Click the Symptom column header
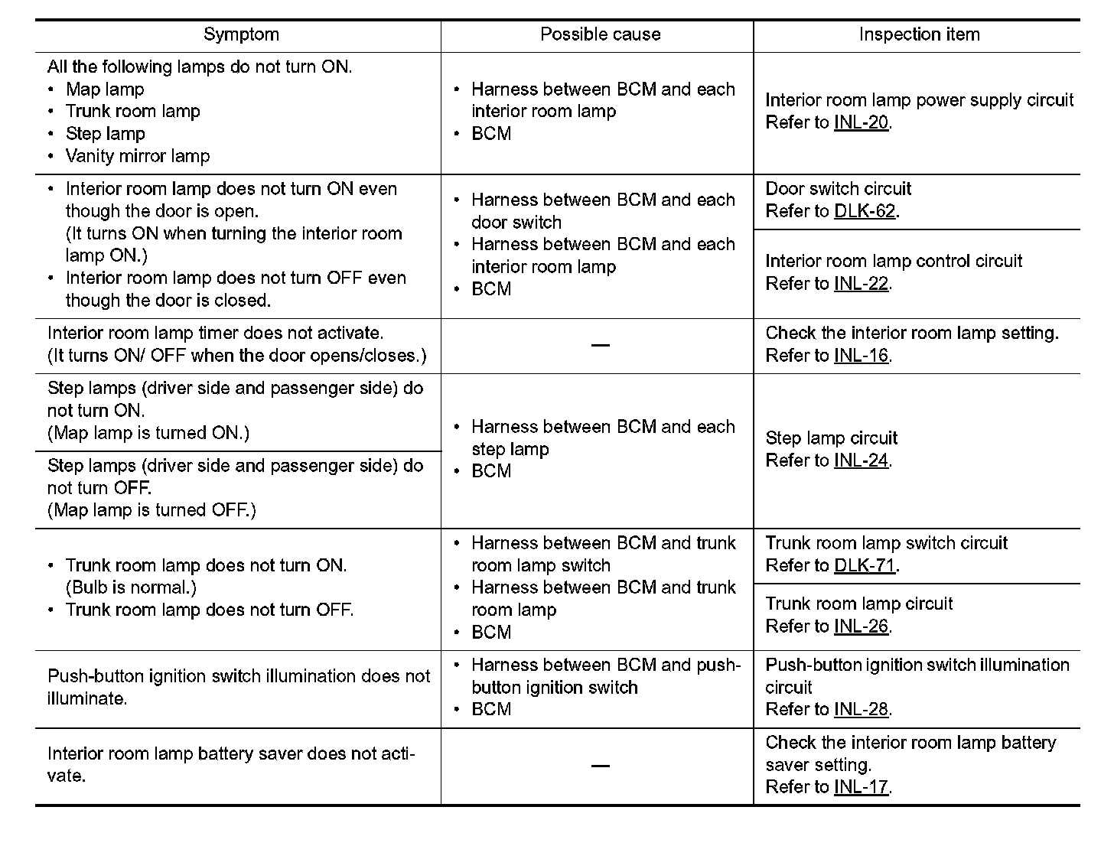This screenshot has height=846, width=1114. coord(241,34)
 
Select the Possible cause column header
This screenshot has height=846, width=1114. coord(600,34)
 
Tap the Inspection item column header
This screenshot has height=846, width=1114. coord(919,34)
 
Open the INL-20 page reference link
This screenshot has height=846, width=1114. coord(861,122)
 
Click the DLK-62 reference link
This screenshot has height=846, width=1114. coord(865,211)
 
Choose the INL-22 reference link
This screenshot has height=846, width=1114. coord(861,284)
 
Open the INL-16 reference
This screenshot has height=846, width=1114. coord(861,356)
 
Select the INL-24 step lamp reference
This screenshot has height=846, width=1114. coord(861,460)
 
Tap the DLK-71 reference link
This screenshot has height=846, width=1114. coord(865,566)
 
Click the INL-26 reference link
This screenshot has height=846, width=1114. coord(861,626)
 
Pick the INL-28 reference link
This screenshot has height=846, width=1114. coord(861,710)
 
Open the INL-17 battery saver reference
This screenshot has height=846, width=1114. coord(861,787)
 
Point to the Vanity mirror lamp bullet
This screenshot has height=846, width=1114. coord(138,156)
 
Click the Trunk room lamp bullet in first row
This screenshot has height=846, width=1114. coord(133,112)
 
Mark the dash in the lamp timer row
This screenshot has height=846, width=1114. coord(601,346)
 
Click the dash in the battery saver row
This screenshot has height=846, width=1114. coord(601,766)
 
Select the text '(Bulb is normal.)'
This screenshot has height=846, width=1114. coord(131,588)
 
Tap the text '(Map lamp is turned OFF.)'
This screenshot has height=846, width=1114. coord(151,510)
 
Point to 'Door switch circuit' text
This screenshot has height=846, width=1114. coord(839,189)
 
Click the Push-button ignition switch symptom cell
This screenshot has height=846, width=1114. coord(238,688)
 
